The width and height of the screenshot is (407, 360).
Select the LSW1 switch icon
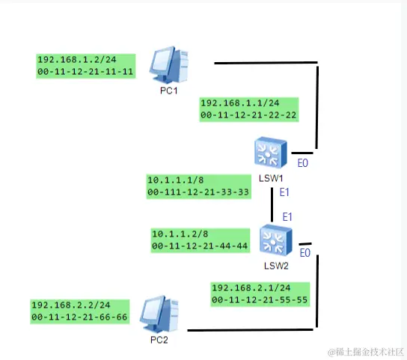click(267, 153)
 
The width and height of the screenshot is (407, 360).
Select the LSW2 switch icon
click(273, 240)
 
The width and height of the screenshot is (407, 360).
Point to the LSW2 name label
click(276, 264)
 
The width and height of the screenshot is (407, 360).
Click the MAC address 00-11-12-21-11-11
click(85, 72)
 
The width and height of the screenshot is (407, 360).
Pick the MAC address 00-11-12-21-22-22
click(248, 115)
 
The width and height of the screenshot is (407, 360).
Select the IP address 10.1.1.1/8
click(174, 180)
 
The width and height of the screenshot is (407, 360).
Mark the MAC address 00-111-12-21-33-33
click(198, 192)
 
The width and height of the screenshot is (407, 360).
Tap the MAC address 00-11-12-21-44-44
click(200, 245)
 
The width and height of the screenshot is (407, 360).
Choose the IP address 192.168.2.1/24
click(250, 287)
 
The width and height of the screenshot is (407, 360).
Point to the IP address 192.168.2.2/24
click(67, 305)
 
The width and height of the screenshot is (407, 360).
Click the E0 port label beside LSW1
click(303, 162)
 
